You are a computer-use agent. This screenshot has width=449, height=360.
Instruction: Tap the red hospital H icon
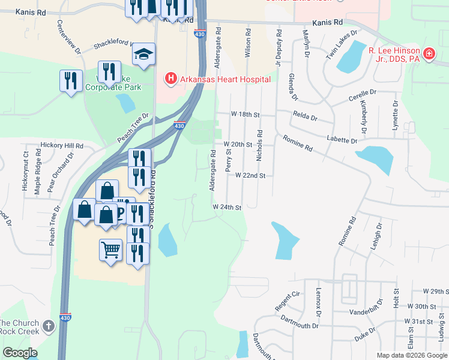171,79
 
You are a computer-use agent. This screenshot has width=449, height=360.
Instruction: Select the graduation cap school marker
143,55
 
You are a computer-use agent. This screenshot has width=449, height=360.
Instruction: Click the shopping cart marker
110,250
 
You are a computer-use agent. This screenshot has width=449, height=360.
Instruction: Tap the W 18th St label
245,114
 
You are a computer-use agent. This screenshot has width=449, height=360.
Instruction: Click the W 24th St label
226,208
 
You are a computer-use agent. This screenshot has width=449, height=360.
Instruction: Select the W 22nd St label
250,176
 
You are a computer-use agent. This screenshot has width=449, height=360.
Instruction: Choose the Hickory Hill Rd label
61,146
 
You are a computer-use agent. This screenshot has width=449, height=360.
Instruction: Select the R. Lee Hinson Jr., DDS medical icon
429,55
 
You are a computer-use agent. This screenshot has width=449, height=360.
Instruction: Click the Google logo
20,353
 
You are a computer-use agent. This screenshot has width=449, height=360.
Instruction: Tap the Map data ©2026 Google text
412,355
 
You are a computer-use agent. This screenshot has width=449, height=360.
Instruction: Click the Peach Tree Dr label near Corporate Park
133,127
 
